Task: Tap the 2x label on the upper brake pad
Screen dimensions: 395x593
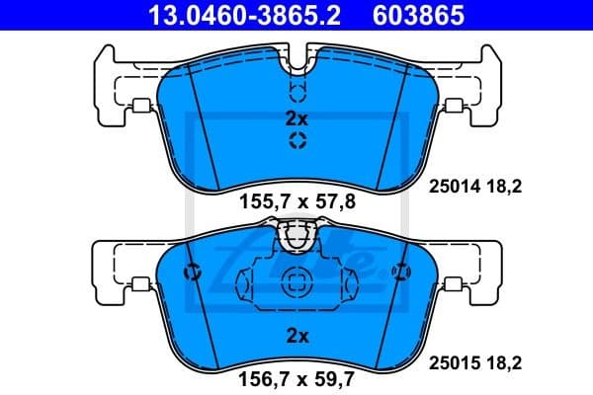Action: [x=296, y=118]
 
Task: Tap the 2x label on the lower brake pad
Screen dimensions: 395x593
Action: [x=296, y=336]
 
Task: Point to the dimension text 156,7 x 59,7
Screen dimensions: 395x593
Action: [x=296, y=375]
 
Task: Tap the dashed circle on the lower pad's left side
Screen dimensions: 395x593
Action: [x=194, y=273]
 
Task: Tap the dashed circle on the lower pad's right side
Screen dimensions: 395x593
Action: [x=399, y=273]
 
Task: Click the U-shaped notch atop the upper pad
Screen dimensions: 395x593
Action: [x=296, y=65]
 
